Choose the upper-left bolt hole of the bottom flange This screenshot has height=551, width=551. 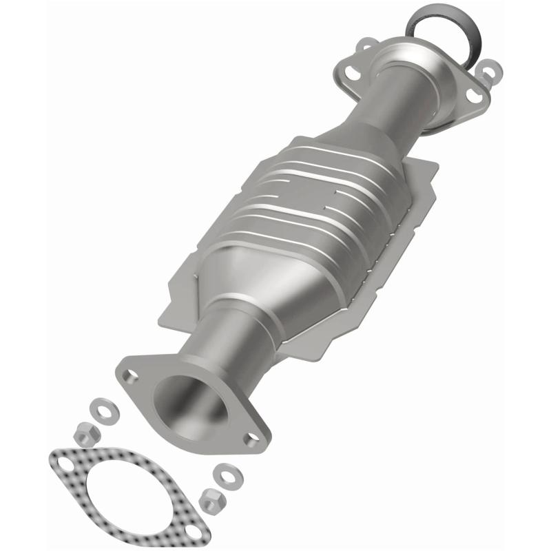pyautogui.click(x=128, y=375)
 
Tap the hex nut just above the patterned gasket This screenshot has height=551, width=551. pyautogui.click(x=86, y=433)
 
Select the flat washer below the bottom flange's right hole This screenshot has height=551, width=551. pyautogui.click(x=224, y=474)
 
